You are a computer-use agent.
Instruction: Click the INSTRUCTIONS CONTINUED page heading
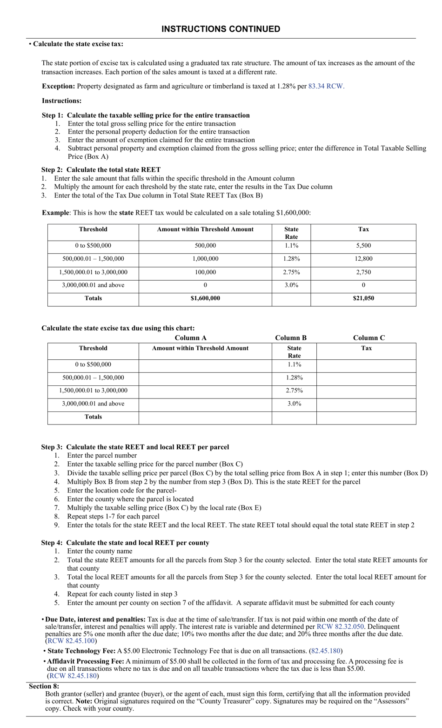point(221,29)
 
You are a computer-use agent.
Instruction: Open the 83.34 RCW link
point(326,86)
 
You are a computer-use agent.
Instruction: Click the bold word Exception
point(58,86)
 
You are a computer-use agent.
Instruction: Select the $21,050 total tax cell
point(363,298)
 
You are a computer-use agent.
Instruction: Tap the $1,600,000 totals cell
point(205,298)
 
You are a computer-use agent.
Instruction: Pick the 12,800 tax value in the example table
point(363,259)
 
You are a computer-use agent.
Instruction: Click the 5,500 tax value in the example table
point(363,246)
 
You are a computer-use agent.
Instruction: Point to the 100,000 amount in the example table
point(205,272)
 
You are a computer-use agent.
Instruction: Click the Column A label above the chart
point(190,338)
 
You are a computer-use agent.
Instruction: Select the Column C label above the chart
point(368,338)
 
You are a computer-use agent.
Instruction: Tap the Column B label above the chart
point(291,338)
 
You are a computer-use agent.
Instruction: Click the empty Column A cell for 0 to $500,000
point(205,365)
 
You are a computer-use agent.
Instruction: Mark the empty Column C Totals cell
point(366,418)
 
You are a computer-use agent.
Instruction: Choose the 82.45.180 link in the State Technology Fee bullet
point(326,651)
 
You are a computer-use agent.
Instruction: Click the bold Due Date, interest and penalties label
point(95,619)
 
